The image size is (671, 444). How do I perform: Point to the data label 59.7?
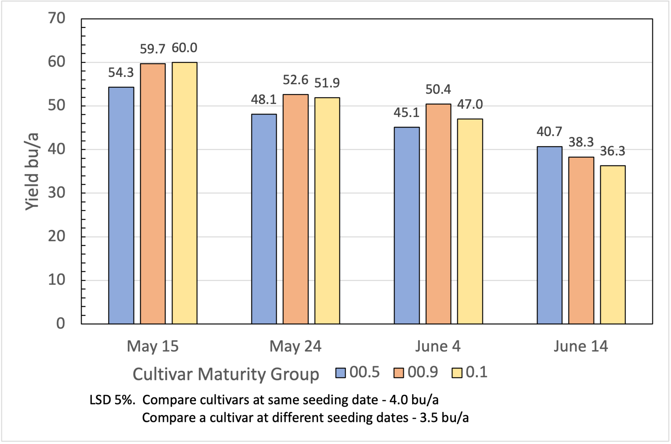click(x=152, y=49)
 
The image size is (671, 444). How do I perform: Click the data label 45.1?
click(x=406, y=113)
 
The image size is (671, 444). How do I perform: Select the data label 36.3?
click(x=612, y=151)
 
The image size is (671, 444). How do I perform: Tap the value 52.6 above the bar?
click(x=295, y=80)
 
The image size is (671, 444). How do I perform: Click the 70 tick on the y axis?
click(x=57, y=18)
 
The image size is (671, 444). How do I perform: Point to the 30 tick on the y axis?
click(x=57, y=193)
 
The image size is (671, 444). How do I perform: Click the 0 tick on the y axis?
click(x=60, y=323)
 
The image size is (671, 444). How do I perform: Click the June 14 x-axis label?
click(x=580, y=346)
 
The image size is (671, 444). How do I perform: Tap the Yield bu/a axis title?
click(x=32, y=171)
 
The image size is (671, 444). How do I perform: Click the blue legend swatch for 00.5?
click(x=340, y=373)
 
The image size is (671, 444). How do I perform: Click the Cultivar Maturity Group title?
click(x=225, y=374)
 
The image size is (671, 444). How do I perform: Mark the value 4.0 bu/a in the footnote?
click(x=414, y=400)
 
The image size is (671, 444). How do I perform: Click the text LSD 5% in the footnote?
click(x=112, y=400)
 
